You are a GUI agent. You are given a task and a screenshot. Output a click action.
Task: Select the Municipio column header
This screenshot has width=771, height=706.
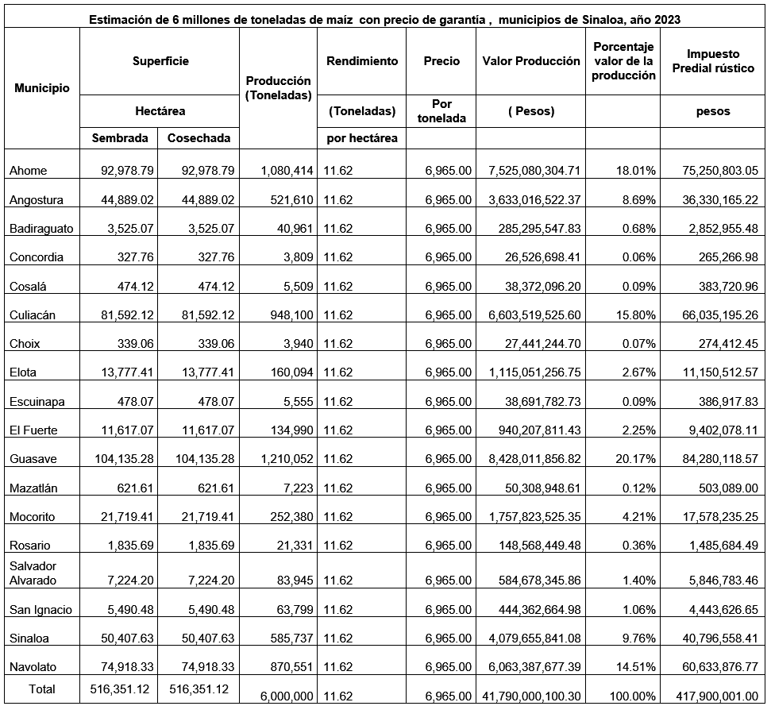pos(41,88)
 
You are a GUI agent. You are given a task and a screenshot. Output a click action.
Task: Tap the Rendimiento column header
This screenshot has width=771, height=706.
pos(362,61)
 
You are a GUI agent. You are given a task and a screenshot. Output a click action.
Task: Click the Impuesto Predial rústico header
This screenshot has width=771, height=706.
pos(713,61)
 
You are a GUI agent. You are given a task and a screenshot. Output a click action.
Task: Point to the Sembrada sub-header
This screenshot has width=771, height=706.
pos(120,137)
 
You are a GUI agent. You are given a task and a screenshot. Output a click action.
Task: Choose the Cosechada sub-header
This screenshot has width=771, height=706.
pos(199,137)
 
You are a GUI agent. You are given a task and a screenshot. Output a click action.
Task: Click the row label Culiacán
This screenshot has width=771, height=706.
pos(33,315)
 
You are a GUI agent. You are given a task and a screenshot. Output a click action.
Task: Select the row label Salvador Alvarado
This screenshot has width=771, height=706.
pos(33,573)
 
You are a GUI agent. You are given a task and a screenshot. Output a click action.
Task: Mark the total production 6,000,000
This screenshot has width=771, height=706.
pos(287,696)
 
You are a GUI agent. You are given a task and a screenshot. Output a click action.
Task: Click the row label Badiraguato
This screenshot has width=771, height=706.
pos(41,229)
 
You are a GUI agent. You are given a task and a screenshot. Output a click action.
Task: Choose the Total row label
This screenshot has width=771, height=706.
pos(42,689)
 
